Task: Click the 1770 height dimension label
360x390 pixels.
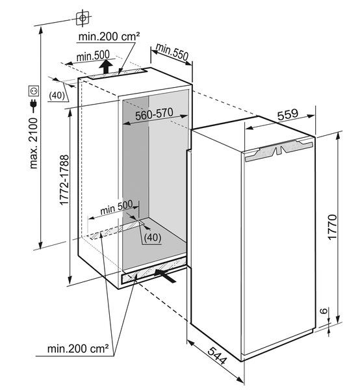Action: coord(332,227)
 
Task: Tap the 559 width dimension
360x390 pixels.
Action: coord(288,114)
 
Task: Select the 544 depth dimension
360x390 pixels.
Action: coord(217,356)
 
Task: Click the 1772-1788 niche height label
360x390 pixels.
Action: coord(64,180)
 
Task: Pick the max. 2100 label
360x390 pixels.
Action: coord(33,143)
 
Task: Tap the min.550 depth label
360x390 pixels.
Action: coord(172,52)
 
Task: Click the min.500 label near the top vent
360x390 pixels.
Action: coord(93,56)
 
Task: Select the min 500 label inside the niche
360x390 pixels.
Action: coord(116,207)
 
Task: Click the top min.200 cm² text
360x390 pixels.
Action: coord(109,36)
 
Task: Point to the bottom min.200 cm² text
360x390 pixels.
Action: coord(78,348)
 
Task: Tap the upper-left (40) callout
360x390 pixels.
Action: coord(57,96)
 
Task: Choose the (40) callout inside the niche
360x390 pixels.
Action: coord(153,237)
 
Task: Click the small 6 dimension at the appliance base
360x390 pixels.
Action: coord(323,311)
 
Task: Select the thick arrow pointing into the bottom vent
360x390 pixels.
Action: coord(165,276)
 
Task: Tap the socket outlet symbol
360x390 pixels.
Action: coord(34,91)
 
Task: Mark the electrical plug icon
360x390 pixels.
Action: coord(34,105)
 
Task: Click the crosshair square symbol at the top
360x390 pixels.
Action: coord(83,18)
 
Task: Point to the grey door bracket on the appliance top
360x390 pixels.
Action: coord(279,149)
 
